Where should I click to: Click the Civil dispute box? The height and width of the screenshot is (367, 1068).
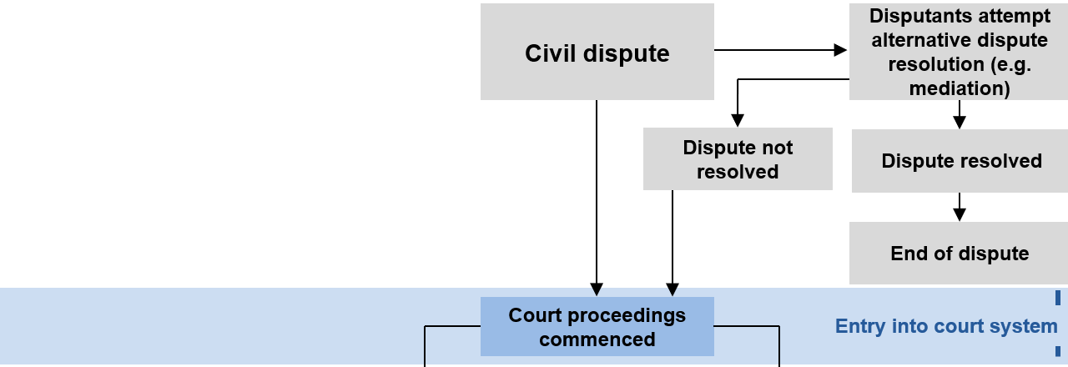point(597,53)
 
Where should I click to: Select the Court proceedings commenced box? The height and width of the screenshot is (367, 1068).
point(597,327)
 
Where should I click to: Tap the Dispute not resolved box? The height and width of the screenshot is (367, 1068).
point(738,159)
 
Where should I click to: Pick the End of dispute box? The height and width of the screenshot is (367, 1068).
point(960,254)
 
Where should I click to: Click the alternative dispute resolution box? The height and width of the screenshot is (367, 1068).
point(959,52)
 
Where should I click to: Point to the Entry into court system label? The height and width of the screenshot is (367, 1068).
point(946,326)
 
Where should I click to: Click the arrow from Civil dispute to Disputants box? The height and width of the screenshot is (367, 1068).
point(780,50)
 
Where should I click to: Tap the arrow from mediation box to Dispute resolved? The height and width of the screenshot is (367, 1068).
point(960,114)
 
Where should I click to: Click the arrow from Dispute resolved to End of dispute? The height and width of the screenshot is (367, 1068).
point(960,207)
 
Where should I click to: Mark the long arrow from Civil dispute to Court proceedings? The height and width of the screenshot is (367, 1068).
point(597,196)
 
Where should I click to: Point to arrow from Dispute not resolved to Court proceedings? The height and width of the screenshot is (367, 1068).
point(673,242)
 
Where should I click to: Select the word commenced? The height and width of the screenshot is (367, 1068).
point(597,339)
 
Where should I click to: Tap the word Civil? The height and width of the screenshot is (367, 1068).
point(552,53)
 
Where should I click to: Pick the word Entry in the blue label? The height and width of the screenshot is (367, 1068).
point(859,326)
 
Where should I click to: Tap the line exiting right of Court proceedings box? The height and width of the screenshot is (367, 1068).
point(747,326)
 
